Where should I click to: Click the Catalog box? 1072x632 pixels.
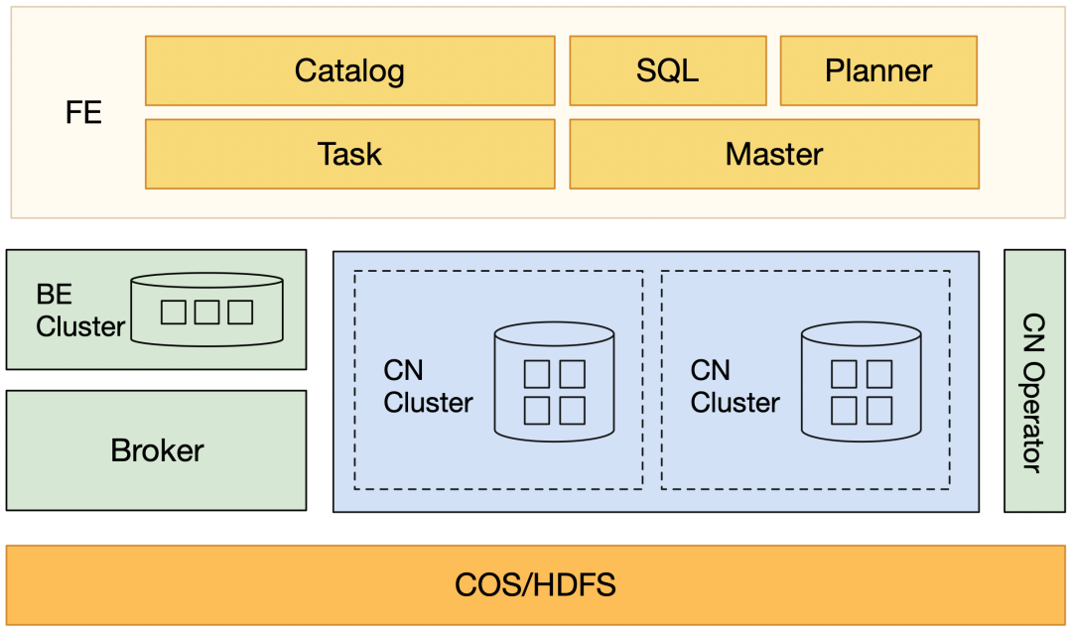point(349,70)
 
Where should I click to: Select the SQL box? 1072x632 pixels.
point(667,70)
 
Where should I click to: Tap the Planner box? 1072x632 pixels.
point(878,70)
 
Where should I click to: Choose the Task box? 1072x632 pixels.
point(349,154)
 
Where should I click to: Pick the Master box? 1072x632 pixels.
point(774,154)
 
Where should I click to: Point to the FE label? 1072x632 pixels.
point(83,112)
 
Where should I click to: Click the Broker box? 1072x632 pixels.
point(157,450)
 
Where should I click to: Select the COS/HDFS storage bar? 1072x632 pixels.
point(536,584)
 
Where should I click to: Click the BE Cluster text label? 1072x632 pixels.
point(79,311)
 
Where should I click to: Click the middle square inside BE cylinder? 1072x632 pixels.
point(206,312)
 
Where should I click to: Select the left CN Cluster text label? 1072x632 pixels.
point(428,386)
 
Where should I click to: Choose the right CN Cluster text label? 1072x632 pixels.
point(735,386)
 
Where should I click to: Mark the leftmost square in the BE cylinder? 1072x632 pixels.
point(174,312)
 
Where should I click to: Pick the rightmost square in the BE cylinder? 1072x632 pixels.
point(239,312)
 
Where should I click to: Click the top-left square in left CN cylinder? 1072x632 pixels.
point(537,374)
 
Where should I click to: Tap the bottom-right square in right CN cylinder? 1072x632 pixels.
point(878,409)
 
